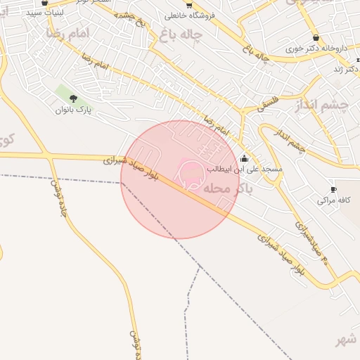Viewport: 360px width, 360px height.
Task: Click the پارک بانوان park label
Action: coord(73,110)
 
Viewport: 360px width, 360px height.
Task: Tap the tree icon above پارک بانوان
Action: coord(73,99)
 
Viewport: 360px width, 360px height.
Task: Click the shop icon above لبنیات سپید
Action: coord(45,4)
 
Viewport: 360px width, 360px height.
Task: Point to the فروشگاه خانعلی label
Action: coord(188,15)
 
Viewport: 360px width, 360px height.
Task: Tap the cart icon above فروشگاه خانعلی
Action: coord(188,5)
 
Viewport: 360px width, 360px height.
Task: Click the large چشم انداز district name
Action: coord(323,105)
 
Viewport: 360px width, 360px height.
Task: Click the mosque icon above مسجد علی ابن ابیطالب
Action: coord(244,159)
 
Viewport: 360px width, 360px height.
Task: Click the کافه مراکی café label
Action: coord(333,200)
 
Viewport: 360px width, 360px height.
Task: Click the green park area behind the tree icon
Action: coord(66,94)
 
